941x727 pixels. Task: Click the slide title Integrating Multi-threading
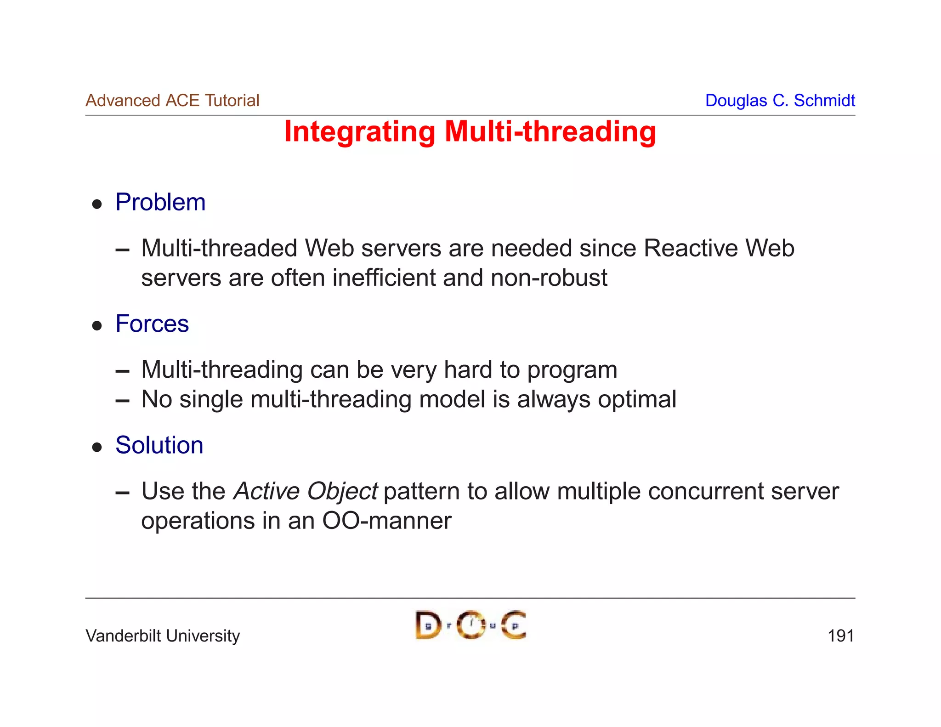point(470,132)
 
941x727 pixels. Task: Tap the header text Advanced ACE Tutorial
point(172,100)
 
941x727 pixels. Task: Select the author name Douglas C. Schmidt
point(780,100)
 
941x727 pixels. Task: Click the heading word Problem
point(160,202)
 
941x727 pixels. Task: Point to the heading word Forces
point(152,324)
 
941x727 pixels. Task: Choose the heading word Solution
point(159,445)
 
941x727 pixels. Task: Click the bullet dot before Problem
point(96,204)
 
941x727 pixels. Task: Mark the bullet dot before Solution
point(96,447)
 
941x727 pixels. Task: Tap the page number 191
point(840,636)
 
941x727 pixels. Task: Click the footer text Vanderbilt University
point(163,636)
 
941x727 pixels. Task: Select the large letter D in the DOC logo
point(428,625)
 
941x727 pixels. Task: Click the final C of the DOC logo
point(513,625)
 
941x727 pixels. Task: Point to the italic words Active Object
point(306,491)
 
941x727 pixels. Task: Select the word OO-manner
point(387,521)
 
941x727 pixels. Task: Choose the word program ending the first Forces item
point(572,370)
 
